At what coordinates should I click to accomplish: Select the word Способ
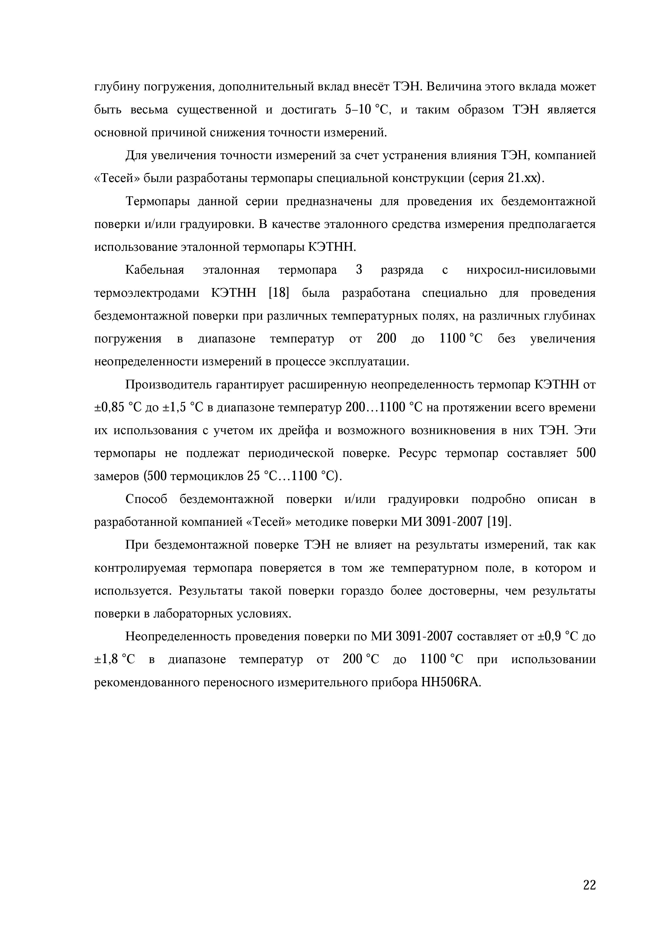[146, 499]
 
